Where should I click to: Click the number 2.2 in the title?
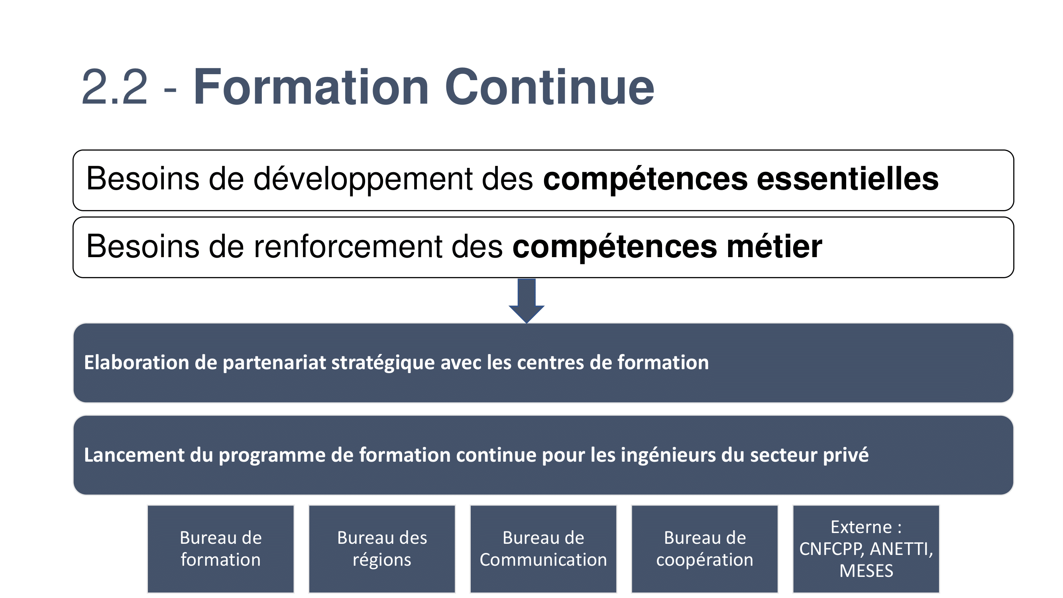114,88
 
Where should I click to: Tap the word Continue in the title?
549,87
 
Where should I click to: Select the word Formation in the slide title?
311,87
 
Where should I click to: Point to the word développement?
363,180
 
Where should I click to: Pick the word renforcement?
348,246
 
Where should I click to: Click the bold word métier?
774,246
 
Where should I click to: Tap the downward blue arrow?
527,301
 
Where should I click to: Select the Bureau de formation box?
221,549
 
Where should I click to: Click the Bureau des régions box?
382,549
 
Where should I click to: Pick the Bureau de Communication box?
544,549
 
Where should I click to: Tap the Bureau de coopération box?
705,549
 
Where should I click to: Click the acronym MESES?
866,571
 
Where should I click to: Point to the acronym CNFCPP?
831,549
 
